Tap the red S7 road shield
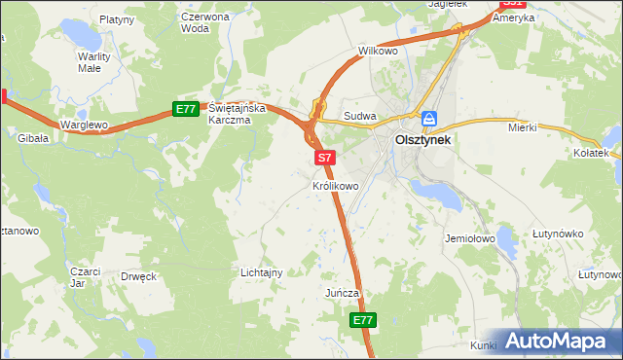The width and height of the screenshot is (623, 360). pyautogui.click(x=325, y=157)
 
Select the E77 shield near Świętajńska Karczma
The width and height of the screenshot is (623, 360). pyautogui.click(x=187, y=109)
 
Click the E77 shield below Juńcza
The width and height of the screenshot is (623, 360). pyautogui.click(x=362, y=319)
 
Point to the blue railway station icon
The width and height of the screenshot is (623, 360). pyautogui.click(x=429, y=119)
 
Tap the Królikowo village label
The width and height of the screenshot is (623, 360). pyautogui.click(x=336, y=185)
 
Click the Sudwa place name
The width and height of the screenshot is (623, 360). pyautogui.click(x=360, y=118)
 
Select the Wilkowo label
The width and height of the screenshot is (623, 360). pyautogui.click(x=379, y=50)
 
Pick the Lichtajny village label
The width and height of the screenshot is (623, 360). pyautogui.click(x=261, y=273)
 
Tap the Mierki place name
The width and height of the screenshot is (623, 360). pyautogui.click(x=524, y=127)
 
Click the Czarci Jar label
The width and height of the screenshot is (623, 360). pyautogui.click(x=86, y=277)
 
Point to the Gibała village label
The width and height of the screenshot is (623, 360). pyautogui.click(x=33, y=139)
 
